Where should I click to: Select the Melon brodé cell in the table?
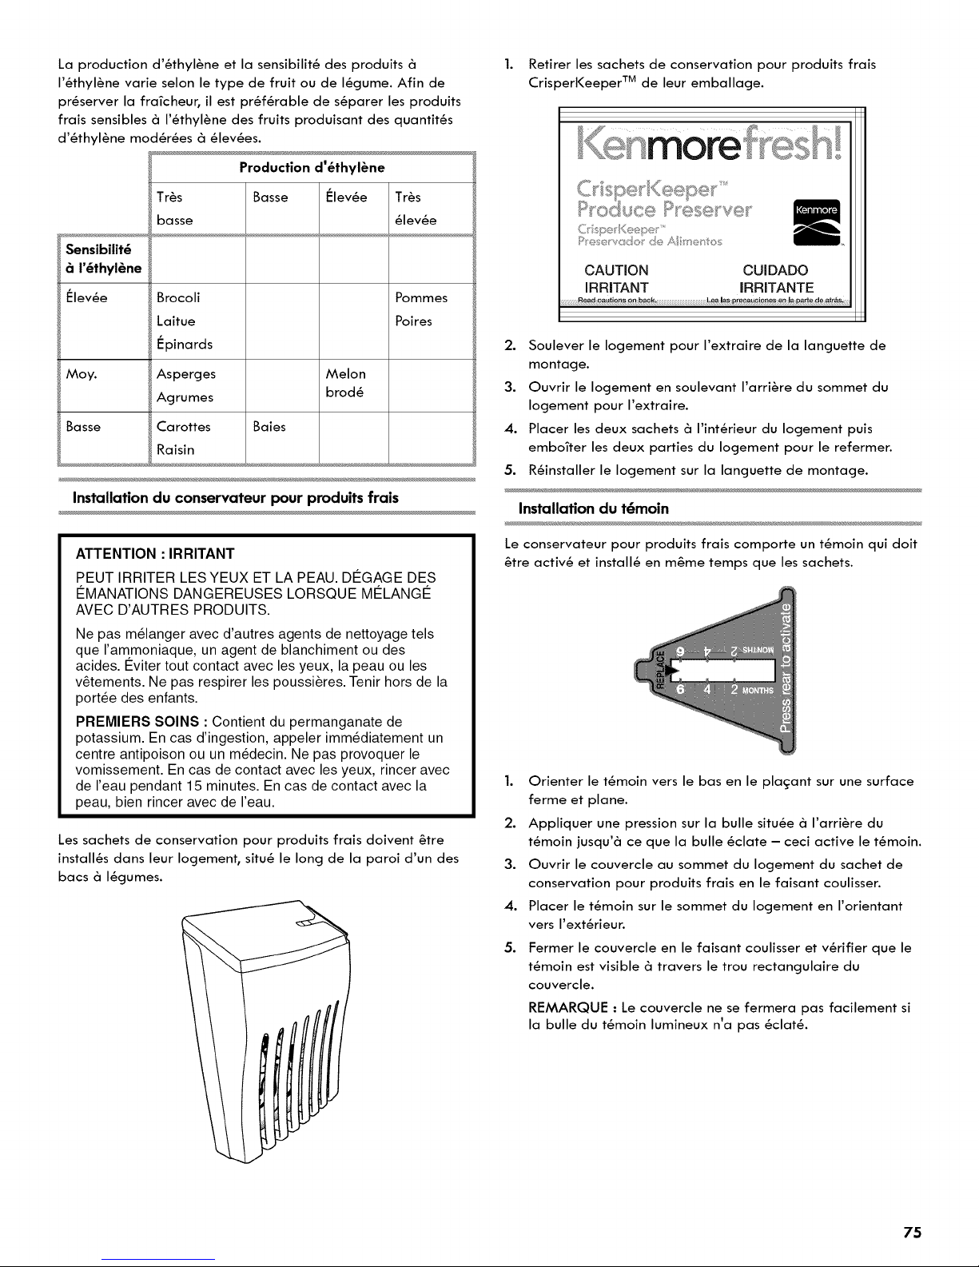click(x=345, y=384)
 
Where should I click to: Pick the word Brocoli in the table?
click(x=179, y=298)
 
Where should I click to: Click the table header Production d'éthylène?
click(x=312, y=167)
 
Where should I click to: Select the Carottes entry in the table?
click(x=184, y=426)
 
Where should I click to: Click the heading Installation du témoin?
click(x=594, y=508)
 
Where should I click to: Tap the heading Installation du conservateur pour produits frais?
click(x=235, y=498)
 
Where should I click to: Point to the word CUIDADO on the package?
click(x=774, y=269)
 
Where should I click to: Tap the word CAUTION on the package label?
click(x=616, y=269)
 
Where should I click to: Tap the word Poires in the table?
click(x=413, y=321)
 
